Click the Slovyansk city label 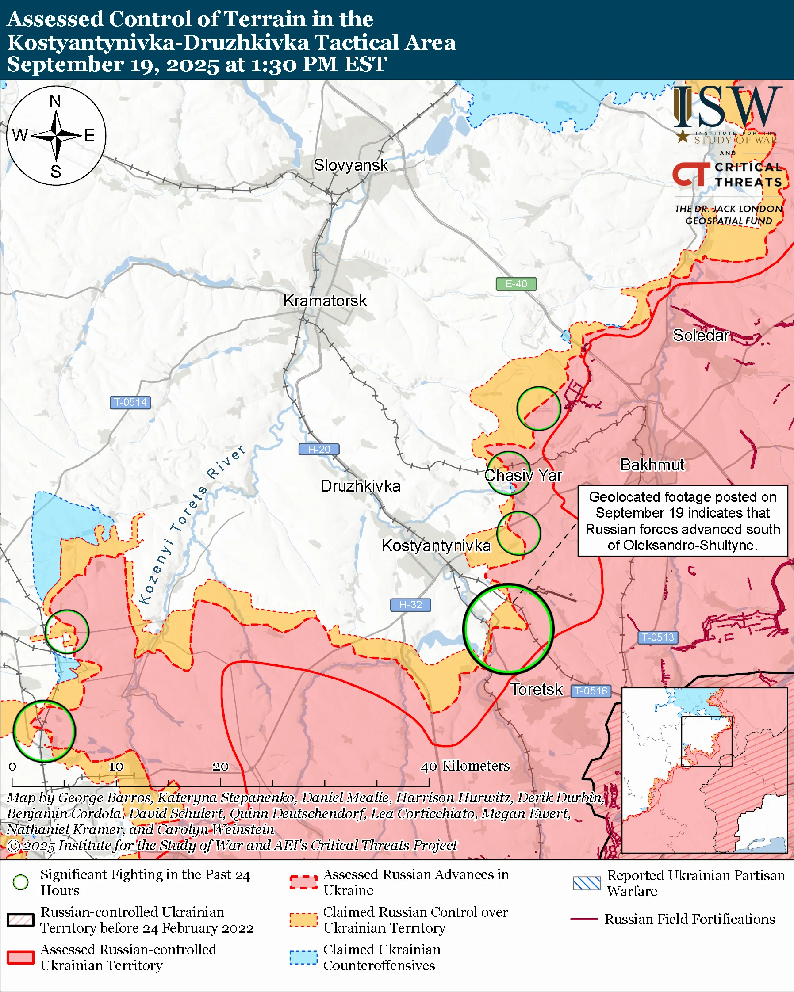click(x=351, y=165)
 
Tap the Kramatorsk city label click(x=325, y=301)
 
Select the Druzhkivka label click(x=360, y=486)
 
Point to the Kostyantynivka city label click(x=436, y=546)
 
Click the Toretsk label click(x=536, y=689)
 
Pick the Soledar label click(x=701, y=336)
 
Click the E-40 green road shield click(x=515, y=284)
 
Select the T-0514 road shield click(x=130, y=402)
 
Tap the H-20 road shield click(x=318, y=449)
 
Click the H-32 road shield click(x=410, y=605)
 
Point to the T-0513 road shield click(x=657, y=637)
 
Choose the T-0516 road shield click(x=591, y=691)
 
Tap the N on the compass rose click(x=55, y=101)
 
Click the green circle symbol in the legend click(x=20, y=882)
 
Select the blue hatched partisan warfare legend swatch click(x=587, y=883)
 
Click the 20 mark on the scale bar click(x=220, y=767)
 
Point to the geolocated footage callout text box click(x=682, y=521)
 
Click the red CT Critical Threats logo click(x=691, y=174)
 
